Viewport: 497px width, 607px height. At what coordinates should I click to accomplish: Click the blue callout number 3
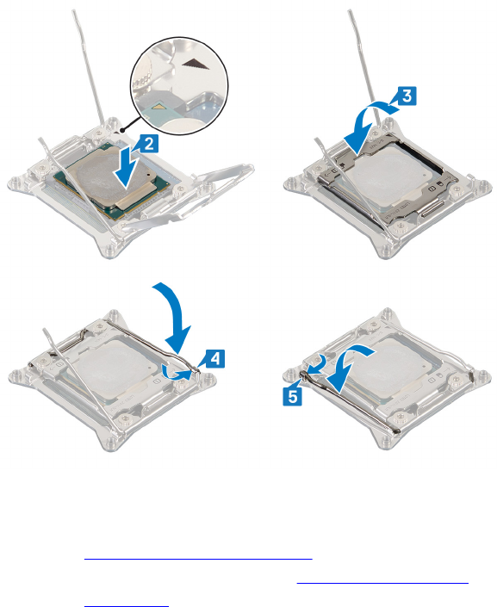coord(407,96)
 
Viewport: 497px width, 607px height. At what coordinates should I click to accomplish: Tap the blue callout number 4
coord(215,359)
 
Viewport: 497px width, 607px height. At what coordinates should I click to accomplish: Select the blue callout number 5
coord(293,396)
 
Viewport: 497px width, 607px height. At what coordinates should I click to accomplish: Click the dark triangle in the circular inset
coord(196,64)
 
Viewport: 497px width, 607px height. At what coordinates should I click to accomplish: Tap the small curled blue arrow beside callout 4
coord(177,373)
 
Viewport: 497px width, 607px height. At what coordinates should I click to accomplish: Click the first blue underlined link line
coord(198,559)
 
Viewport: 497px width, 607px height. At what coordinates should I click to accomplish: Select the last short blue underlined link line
coord(127,606)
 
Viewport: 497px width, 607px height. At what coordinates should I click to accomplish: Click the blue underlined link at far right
coord(382,582)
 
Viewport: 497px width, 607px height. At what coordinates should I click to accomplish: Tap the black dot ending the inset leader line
coord(122,130)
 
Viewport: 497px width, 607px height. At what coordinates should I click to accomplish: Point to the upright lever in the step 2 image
coord(88,66)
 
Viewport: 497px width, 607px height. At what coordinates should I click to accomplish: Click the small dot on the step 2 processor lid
coord(149,175)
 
